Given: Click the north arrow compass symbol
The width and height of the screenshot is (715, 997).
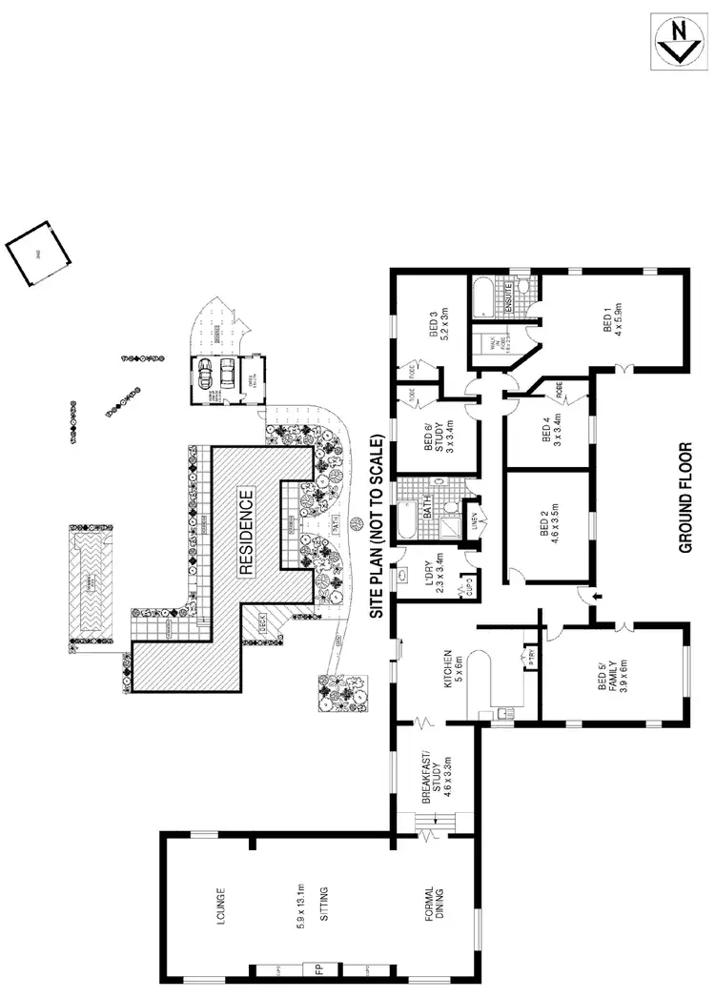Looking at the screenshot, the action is click(x=681, y=42).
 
